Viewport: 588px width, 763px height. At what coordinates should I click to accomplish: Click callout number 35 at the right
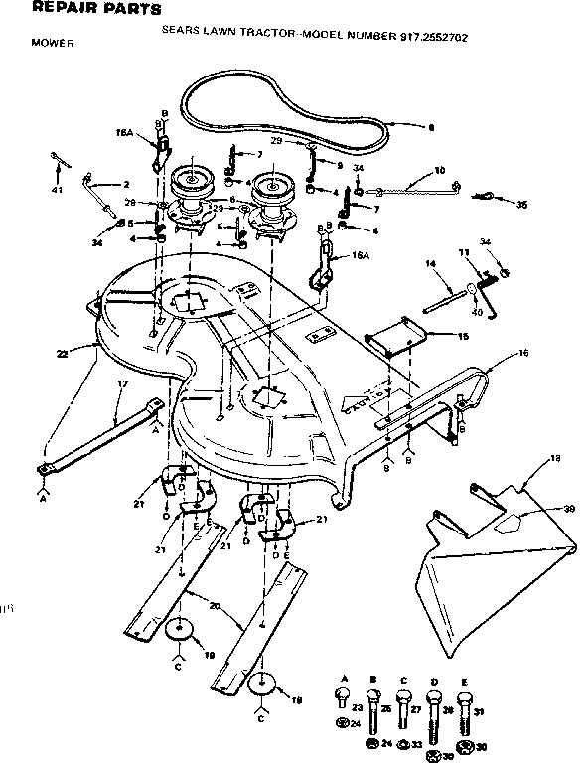pyautogui.click(x=522, y=205)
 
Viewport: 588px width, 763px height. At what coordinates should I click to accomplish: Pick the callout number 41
pyautogui.click(x=57, y=189)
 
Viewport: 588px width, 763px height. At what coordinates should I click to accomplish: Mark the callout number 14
pyautogui.click(x=432, y=264)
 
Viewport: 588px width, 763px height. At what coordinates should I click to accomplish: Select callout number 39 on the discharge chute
pyautogui.click(x=541, y=510)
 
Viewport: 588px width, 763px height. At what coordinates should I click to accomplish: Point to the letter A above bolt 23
pyautogui.click(x=344, y=678)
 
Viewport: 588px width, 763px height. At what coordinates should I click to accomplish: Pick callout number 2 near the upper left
pyautogui.click(x=126, y=184)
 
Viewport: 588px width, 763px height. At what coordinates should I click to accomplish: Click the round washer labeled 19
pyautogui.click(x=181, y=628)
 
